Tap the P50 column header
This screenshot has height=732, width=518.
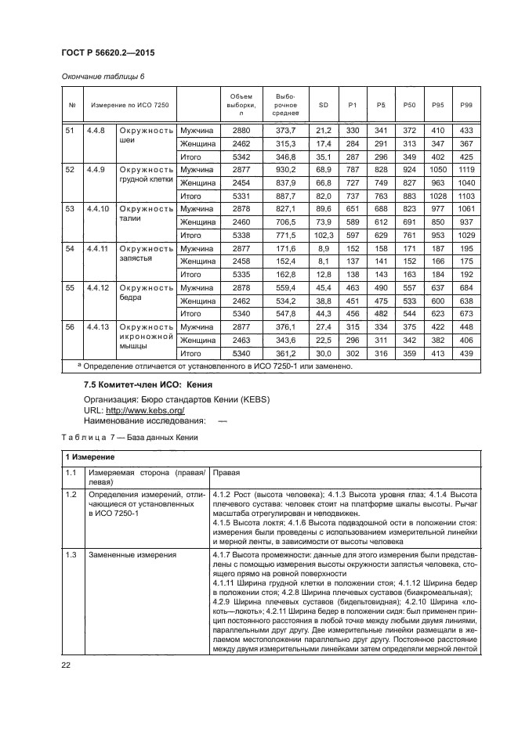[x=408, y=104]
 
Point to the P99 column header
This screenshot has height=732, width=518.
[x=466, y=104]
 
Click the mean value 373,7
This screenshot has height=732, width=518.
[x=285, y=130]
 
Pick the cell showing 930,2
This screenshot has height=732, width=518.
[x=285, y=170]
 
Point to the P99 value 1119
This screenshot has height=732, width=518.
[x=466, y=170]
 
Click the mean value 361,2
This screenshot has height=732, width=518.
[x=285, y=353]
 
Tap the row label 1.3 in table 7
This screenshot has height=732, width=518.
[x=71, y=554]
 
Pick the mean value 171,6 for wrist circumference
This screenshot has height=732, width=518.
[x=285, y=248]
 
